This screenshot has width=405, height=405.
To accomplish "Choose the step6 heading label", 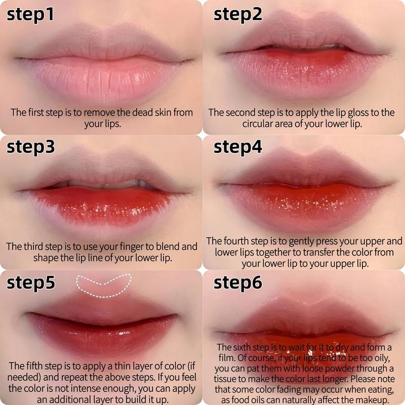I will [x=238, y=282].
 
